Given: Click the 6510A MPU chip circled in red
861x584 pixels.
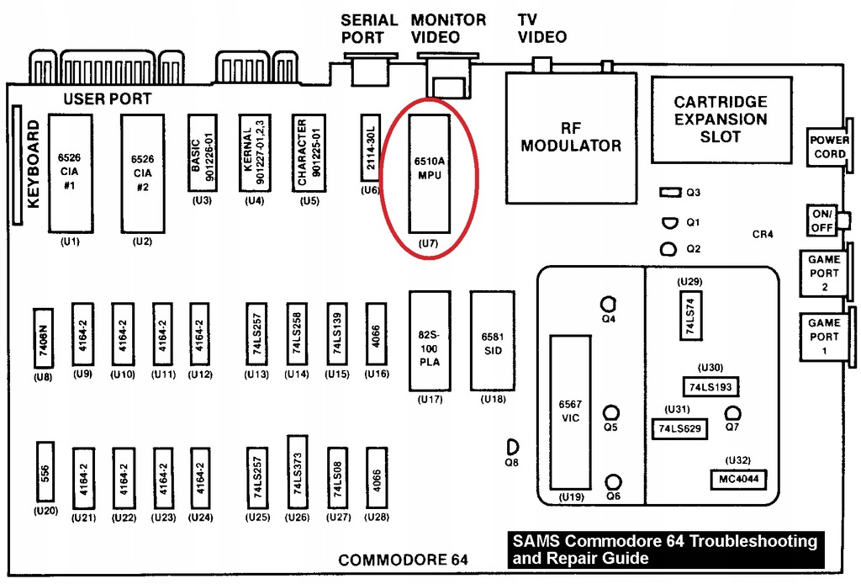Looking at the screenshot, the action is pyautogui.click(x=430, y=173).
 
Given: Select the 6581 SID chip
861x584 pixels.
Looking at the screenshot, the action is pyautogui.click(x=493, y=341).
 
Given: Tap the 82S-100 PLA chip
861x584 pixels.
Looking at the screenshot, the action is pyautogui.click(x=430, y=341).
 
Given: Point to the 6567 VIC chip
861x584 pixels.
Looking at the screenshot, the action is pyautogui.click(x=571, y=412).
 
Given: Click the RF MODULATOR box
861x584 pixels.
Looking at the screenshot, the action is pyautogui.click(x=571, y=138).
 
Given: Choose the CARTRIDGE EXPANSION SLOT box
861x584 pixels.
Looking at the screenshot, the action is pyautogui.click(x=721, y=119).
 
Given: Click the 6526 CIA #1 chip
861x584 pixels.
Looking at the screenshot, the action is pyautogui.click(x=70, y=173).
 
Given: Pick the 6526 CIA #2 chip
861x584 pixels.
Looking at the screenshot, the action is pyautogui.click(x=143, y=173).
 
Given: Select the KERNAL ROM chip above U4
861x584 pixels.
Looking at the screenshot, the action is pyautogui.click(x=255, y=152).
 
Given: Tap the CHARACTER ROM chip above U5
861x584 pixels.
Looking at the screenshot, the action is pyautogui.click(x=309, y=152).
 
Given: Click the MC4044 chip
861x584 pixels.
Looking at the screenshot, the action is pyautogui.click(x=738, y=479).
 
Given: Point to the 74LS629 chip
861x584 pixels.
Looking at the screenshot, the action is pyautogui.click(x=679, y=428).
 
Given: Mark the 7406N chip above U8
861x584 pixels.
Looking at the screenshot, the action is pyautogui.click(x=44, y=338).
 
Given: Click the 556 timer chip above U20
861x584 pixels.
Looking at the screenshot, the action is pyautogui.click(x=45, y=472).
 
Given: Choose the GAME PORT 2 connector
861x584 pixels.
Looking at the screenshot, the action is pyautogui.click(x=824, y=273).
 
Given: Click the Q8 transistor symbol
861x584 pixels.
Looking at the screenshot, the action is pyautogui.click(x=512, y=447).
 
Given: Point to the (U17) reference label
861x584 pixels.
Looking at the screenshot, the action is pyautogui.click(x=430, y=400).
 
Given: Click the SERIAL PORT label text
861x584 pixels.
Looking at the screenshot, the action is pyautogui.click(x=369, y=29).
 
